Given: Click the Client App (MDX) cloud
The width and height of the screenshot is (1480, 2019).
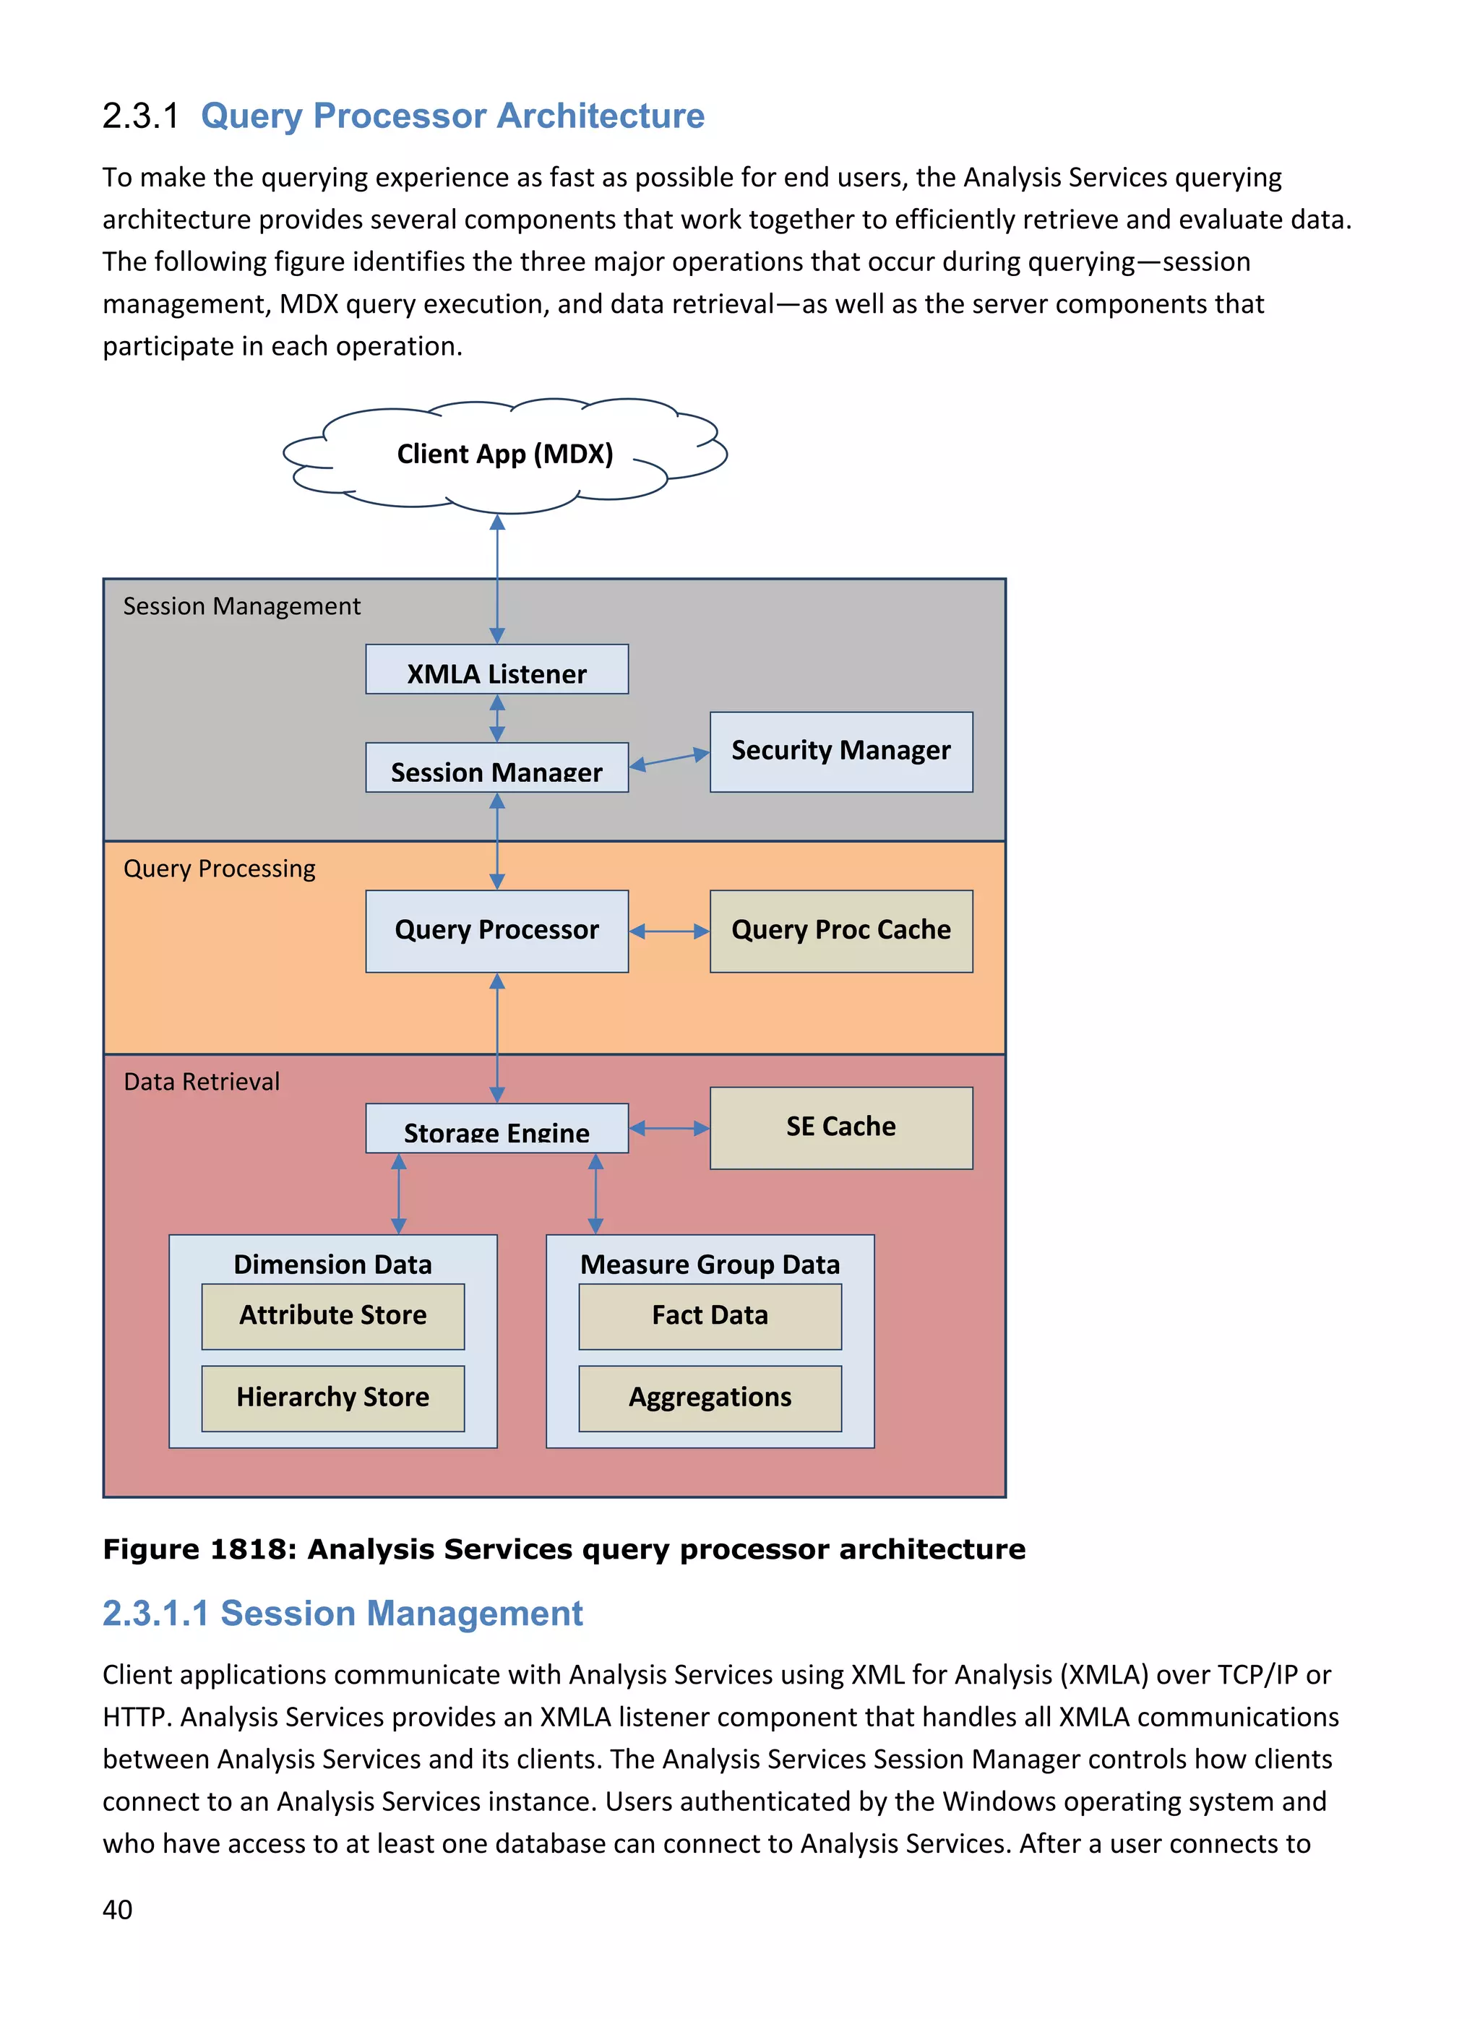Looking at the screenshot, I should coord(504,454).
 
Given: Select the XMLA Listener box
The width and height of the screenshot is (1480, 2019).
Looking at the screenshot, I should coord(496,670).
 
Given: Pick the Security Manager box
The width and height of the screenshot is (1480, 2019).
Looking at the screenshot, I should coord(840,752).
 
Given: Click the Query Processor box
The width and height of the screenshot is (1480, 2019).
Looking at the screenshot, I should coord(496,931).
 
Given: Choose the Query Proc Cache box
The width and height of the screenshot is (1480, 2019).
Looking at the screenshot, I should coord(840,931).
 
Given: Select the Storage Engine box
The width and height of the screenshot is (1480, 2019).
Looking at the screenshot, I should coord(496,1129).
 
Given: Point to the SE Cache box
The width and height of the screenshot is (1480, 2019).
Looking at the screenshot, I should coord(840,1128).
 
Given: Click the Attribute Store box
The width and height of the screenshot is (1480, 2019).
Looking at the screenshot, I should coord(332,1316).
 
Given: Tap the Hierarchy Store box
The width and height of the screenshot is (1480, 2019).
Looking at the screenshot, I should coord(332,1398).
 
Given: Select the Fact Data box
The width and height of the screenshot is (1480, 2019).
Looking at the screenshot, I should coord(710,1316).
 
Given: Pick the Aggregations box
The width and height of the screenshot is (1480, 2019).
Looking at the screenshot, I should coord(710,1398).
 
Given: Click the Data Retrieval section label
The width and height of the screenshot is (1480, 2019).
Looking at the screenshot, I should coord(202,1082).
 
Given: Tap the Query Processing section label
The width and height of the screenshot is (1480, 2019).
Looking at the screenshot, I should coord(220,869).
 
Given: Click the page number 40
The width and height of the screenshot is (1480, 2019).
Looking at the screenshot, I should coord(117,1910).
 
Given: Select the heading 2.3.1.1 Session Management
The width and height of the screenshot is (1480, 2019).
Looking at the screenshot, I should coord(343,1613).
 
